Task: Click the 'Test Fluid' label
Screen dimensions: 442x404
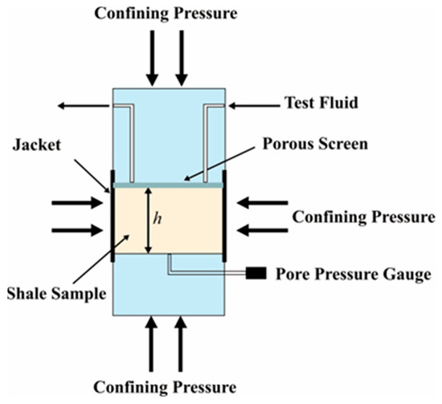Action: click(321, 103)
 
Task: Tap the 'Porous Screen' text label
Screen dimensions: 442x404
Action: click(315, 144)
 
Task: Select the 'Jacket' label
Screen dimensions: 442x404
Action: click(37, 145)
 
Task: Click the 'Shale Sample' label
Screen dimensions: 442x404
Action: click(56, 293)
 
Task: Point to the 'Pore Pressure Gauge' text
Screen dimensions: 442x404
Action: click(354, 274)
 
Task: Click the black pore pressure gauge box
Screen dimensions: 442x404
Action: click(256, 273)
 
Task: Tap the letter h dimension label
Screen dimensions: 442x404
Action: click(158, 218)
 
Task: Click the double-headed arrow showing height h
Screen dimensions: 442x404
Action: click(149, 221)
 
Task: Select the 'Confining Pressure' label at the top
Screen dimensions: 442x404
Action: click(166, 13)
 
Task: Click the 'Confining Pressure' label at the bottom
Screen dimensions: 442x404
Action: click(165, 387)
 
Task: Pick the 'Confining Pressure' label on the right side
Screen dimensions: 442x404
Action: click(363, 217)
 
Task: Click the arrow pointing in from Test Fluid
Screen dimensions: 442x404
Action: click(255, 106)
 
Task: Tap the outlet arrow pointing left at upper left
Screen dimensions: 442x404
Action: click(84, 106)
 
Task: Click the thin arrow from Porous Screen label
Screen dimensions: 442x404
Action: click(218, 164)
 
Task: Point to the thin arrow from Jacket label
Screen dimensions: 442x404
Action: click(92, 176)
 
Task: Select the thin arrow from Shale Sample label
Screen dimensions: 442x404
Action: click(101, 259)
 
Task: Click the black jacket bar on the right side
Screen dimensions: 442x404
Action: click(224, 216)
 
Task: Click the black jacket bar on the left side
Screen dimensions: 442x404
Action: click(113, 216)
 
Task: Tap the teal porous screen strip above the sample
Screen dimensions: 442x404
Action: click(168, 185)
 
